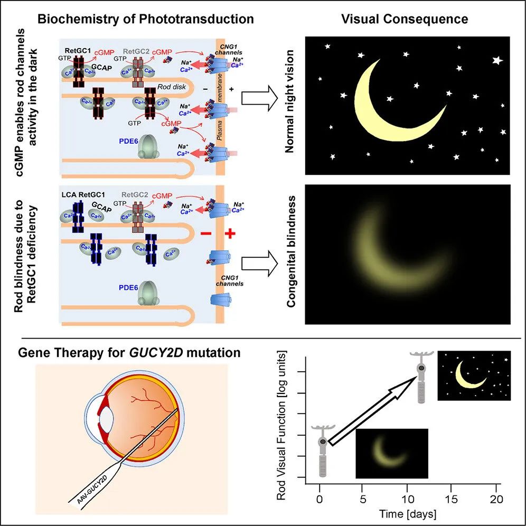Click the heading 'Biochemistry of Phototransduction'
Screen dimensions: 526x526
click(146, 19)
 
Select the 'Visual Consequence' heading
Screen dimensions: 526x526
click(405, 19)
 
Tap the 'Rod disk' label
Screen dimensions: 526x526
click(172, 87)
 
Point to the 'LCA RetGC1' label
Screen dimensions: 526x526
click(83, 194)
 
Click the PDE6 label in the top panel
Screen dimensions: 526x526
click(128, 141)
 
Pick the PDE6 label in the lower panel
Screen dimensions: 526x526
click(128, 288)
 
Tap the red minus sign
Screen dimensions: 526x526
click(206, 233)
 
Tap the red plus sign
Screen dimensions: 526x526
click(230, 233)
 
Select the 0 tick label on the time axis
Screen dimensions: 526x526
click(320, 499)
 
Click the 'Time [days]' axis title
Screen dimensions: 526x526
click(408, 514)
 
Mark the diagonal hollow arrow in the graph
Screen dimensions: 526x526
click(372, 410)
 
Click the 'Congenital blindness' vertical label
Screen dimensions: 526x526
click(291, 251)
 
